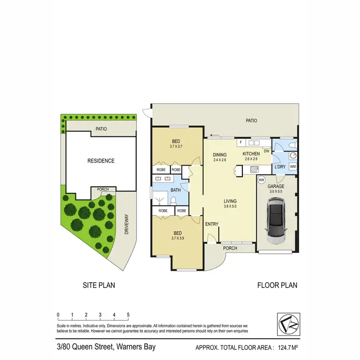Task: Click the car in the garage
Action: click(276, 220)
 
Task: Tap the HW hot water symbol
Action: click(262, 180)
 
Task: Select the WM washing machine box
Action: click(293, 166)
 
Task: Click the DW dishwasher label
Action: click(265, 151)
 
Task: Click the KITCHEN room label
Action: click(251, 154)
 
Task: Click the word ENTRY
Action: click(211, 224)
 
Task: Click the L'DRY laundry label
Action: click(280, 166)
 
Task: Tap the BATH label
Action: click(175, 190)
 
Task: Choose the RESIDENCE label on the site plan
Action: click(101, 161)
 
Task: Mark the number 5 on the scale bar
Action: click(128, 315)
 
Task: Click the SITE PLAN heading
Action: click(99, 285)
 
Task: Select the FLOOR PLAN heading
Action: click(277, 285)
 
